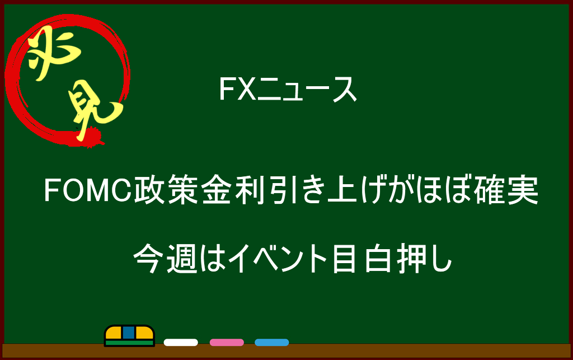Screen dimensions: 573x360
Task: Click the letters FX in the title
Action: (237, 89)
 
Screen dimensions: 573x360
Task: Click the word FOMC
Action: (88, 190)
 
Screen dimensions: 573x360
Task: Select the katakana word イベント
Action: (278, 259)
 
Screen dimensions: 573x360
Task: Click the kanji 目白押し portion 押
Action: (413, 259)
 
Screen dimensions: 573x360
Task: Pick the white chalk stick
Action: (181, 343)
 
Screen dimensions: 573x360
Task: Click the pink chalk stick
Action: (227, 343)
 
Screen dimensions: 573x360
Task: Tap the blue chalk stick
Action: (272, 343)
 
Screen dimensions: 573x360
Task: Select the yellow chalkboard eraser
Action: (129, 335)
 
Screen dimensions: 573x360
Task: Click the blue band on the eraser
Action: (129, 333)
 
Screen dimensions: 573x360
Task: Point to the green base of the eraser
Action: (129, 343)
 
